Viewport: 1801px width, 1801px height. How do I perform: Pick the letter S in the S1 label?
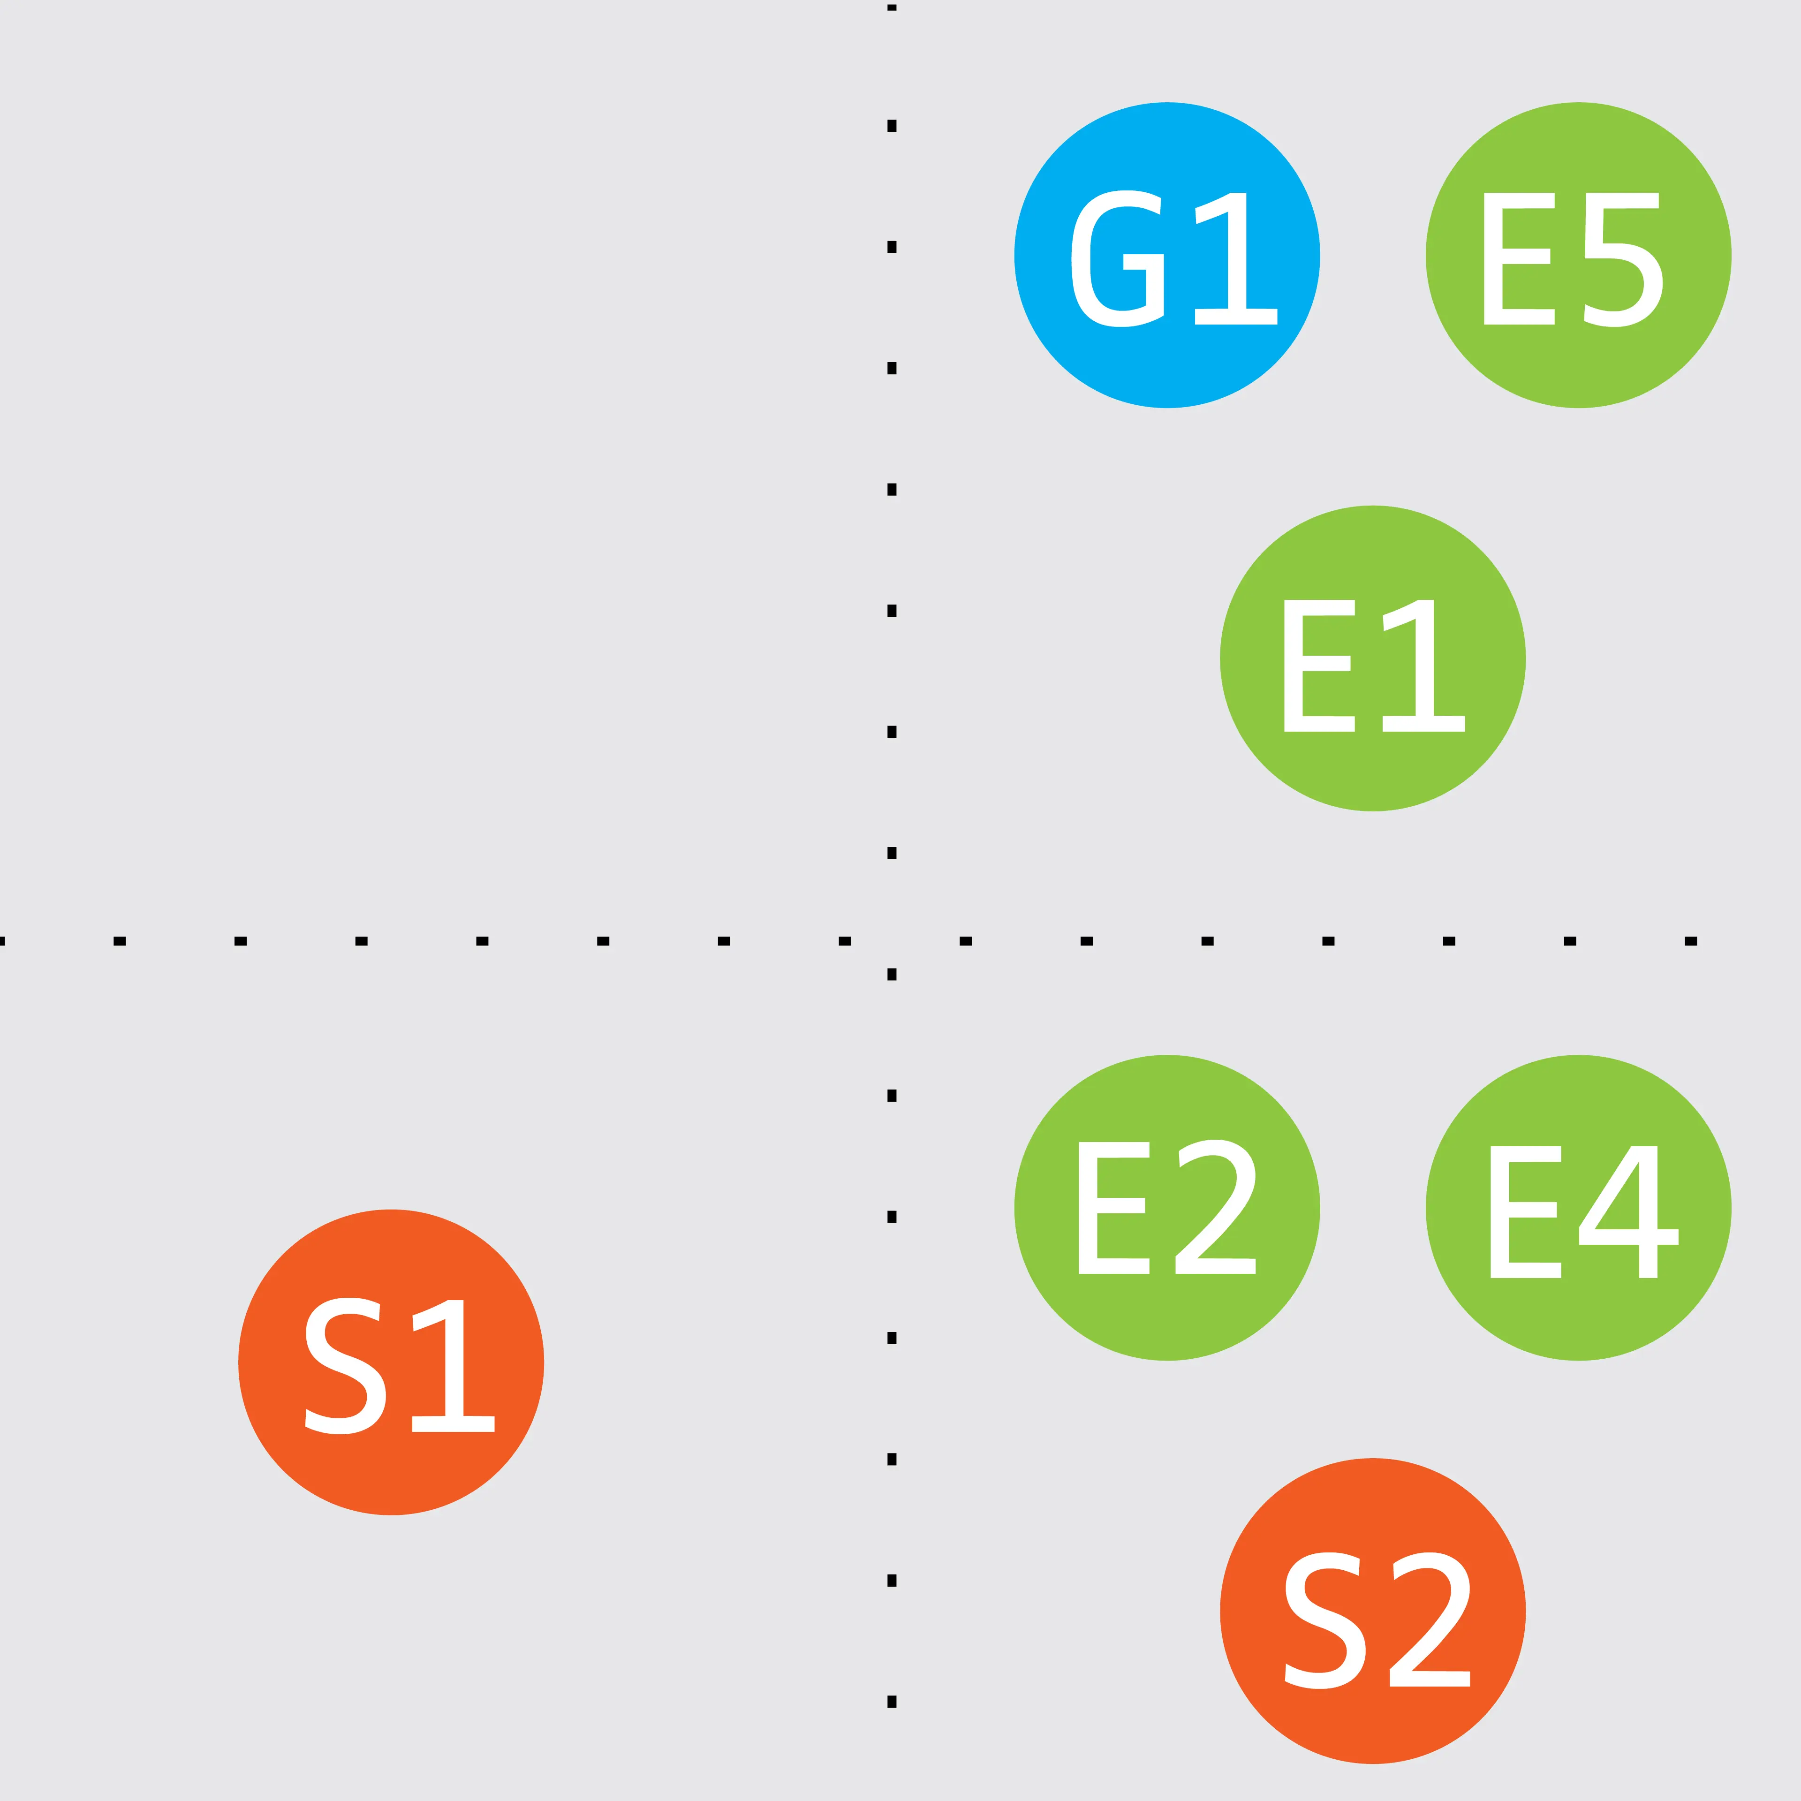click(x=345, y=1366)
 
